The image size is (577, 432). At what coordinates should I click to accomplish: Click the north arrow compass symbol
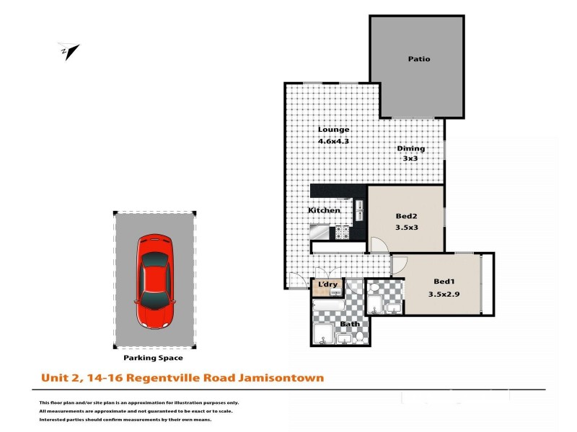click(69, 51)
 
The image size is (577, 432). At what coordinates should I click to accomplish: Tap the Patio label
click(418, 59)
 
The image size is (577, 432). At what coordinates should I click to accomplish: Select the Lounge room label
click(333, 130)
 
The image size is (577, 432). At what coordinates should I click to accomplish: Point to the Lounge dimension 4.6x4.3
click(333, 141)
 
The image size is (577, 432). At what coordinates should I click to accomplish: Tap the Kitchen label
click(324, 210)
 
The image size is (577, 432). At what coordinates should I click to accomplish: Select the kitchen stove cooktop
click(341, 233)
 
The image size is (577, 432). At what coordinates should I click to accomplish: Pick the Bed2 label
click(406, 217)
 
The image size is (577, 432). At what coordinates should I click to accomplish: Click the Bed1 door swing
click(398, 266)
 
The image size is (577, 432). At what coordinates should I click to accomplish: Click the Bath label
click(350, 324)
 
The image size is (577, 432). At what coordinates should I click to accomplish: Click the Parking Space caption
click(154, 357)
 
